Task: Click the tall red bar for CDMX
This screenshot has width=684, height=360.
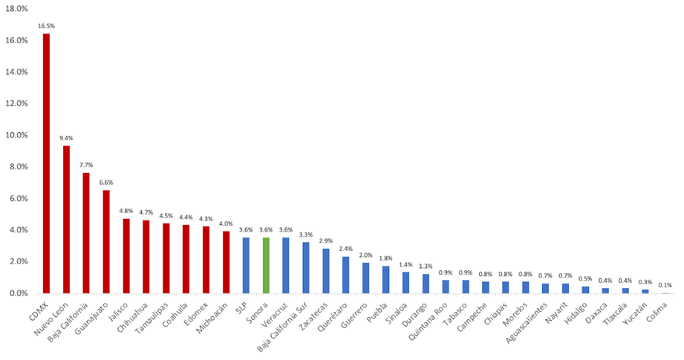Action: coord(46,163)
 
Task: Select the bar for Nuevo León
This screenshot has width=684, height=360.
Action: coord(66,219)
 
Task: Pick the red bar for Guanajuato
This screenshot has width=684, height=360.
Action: coord(106,241)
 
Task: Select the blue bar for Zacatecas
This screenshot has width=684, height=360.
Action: coord(326,270)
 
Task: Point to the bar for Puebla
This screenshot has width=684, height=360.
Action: coord(385,279)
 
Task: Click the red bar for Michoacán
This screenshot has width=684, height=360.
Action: coord(226,261)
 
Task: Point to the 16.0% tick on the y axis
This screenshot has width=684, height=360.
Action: coord(16,40)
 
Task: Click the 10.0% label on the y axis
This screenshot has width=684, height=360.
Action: coord(16,135)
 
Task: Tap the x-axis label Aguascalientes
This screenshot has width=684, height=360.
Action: coord(527,319)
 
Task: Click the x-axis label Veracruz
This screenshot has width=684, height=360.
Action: coord(275,311)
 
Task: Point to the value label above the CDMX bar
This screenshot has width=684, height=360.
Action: coord(46,26)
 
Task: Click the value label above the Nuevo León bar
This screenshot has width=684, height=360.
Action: coord(66,138)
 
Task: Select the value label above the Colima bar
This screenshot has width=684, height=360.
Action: coord(666,285)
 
